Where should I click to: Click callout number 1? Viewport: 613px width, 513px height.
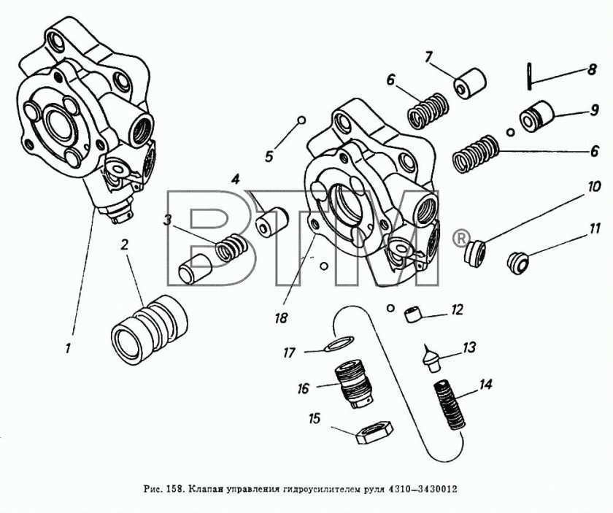(68, 349)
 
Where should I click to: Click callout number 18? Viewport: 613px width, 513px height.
(281, 318)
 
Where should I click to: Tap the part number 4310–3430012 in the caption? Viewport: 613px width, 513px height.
(420, 487)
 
